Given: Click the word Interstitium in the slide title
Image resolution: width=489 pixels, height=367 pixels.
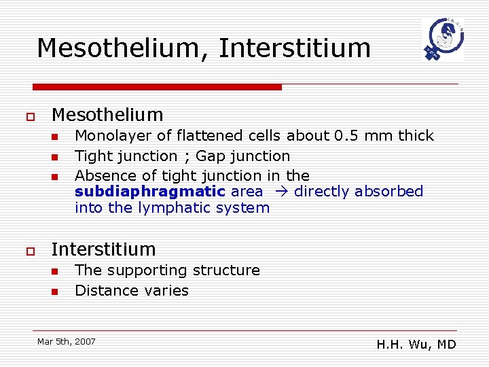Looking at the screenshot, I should point(295,49).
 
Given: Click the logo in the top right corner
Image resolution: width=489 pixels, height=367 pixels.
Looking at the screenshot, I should point(441,40).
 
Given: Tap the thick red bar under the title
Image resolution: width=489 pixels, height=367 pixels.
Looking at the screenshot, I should point(158,87).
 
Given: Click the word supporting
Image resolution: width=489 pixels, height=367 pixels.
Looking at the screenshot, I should point(148,270).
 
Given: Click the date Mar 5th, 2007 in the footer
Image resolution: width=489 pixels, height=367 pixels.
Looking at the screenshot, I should point(67,341).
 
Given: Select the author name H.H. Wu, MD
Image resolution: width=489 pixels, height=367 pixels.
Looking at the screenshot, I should point(416,345).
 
